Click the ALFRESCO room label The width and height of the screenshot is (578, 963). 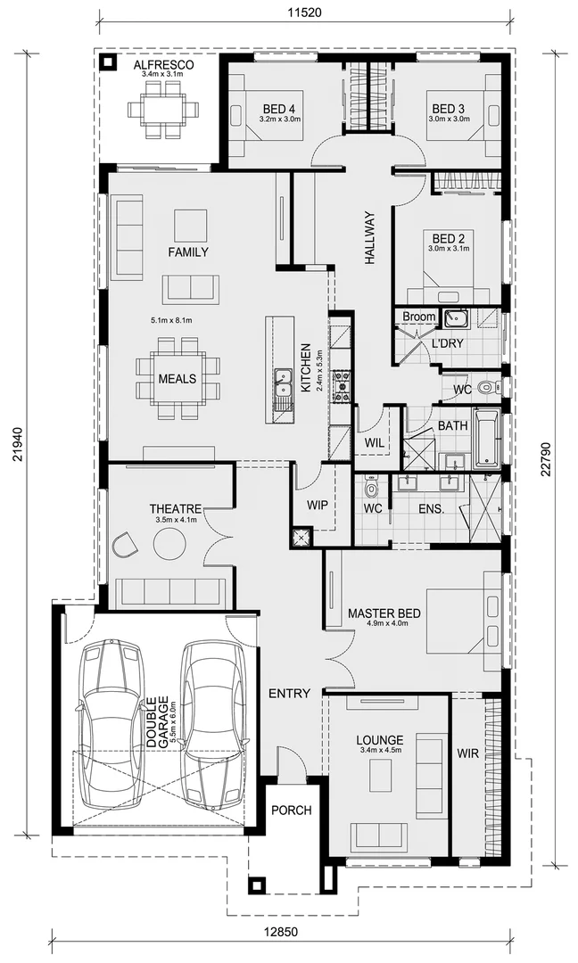(163, 65)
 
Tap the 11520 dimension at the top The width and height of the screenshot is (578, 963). (304, 12)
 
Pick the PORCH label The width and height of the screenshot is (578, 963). (292, 811)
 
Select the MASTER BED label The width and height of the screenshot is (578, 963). (384, 613)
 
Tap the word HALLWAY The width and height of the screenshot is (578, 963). (369, 237)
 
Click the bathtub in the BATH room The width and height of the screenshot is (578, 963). (486, 439)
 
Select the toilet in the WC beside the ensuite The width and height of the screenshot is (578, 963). (371, 490)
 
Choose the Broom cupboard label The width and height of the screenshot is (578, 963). (419, 317)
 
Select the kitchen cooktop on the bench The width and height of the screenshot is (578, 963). (341, 383)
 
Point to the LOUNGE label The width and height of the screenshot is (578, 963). (379, 740)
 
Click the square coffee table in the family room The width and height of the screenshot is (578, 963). (190, 225)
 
